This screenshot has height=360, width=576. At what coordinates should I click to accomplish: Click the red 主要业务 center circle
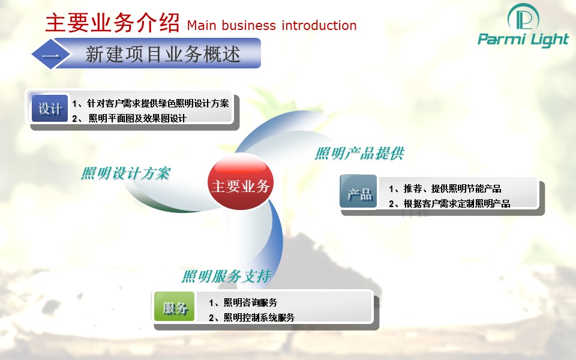coord(241,182)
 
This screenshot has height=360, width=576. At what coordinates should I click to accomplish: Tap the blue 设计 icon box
coord(50,109)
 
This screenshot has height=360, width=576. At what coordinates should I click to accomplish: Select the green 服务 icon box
coord(174,307)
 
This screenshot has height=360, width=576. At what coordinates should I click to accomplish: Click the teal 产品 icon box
coord(359,192)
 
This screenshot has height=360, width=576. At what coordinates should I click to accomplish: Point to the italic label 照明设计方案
coord(125,173)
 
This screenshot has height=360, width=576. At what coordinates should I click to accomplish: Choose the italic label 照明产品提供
coord(359,153)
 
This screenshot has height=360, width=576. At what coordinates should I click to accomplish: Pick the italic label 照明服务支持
coord(227,276)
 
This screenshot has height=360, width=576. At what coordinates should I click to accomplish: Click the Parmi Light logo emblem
coord(523,17)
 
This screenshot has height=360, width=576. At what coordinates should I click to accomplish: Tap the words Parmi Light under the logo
coord(523,40)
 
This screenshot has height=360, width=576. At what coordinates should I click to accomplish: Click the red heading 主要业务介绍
coord(112,22)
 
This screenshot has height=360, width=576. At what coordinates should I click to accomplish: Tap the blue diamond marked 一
coord(51,55)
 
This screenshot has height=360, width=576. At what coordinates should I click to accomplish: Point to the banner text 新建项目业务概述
coord(163,55)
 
